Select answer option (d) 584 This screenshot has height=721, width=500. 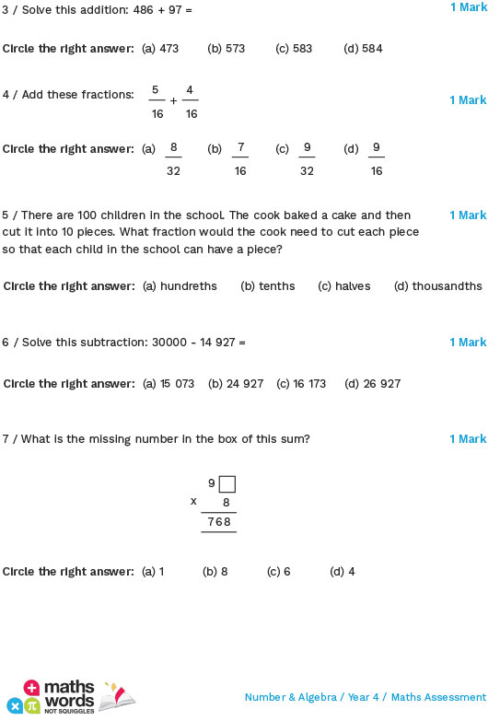[x=362, y=48]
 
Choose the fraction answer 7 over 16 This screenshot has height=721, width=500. [x=240, y=158]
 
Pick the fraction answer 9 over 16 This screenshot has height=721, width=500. [x=376, y=158]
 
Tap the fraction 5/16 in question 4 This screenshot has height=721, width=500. [x=157, y=101]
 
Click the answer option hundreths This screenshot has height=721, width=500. [x=188, y=286]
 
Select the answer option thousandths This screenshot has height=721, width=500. [x=447, y=286]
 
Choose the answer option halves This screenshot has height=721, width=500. [x=352, y=286]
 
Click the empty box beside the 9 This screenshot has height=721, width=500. [x=227, y=483]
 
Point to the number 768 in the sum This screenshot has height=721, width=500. [x=219, y=522]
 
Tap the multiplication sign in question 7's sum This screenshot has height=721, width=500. [x=193, y=501]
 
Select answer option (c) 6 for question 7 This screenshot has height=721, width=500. [x=278, y=572]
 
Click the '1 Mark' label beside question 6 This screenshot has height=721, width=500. [x=468, y=343]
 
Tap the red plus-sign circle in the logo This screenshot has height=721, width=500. [x=31, y=688]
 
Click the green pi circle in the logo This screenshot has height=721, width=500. [x=32, y=705]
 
